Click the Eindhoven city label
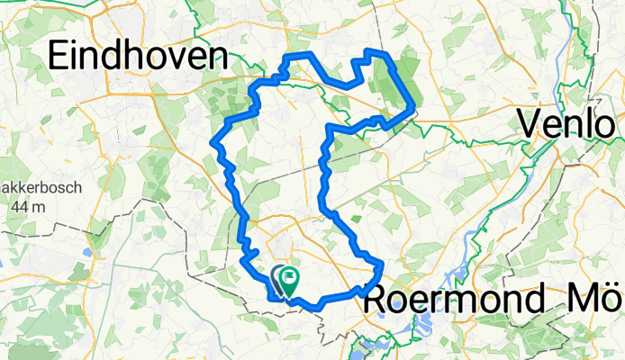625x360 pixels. pos(136,57)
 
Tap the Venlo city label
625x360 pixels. pos(565,125)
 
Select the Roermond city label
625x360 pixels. pos(454,299)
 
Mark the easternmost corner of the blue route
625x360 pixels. pos(413,108)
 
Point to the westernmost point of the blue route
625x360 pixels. pos(213,141)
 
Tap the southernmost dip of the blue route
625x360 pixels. pos(317,309)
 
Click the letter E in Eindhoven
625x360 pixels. pos(59,57)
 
